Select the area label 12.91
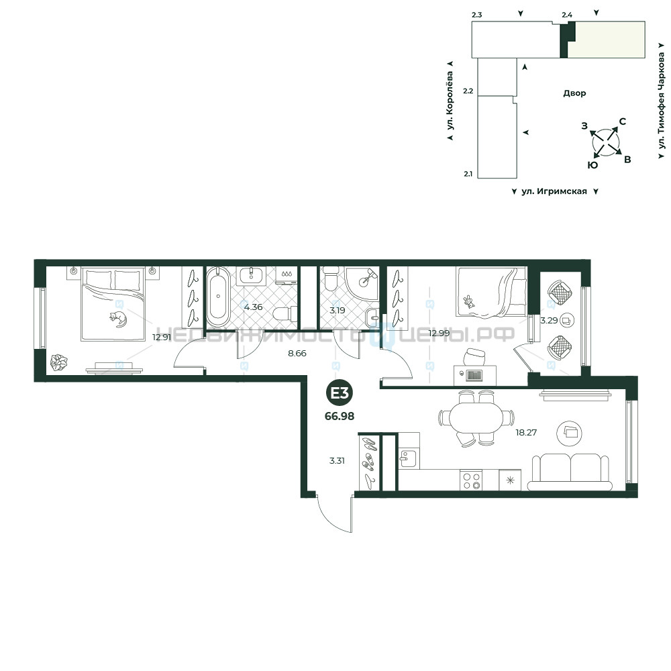coord(162,338)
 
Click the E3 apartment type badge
coord(340,393)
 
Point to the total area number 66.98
coord(340,416)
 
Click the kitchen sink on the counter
coord(406,458)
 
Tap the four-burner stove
coord(471,480)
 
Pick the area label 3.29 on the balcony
coord(549,321)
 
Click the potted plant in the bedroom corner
coord(58,362)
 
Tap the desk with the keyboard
coord(475,375)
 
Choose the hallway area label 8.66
coord(297,354)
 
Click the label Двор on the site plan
coord(574,93)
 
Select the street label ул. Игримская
coord(554,191)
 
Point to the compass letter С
coord(623,121)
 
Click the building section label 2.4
coord(567,15)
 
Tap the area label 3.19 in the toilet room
coord(338,311)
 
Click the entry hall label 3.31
coord(337,461)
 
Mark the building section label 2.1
coord(468,174)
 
